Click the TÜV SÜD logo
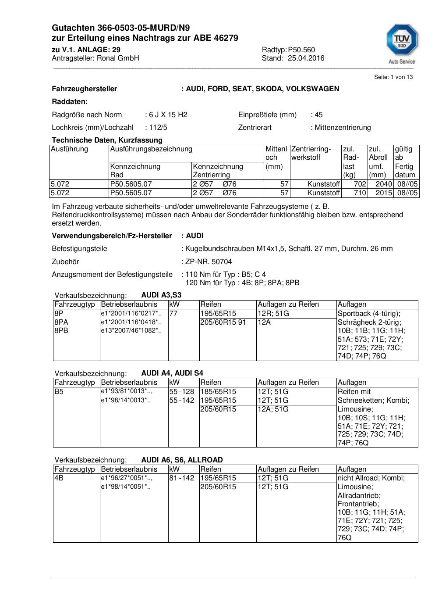coord(402,43)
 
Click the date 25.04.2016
coord(306,58)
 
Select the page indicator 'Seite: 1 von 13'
coord(393,77)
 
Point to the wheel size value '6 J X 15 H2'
coord(168,115)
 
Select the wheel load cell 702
coord(360,184)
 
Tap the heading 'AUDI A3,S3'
coord(161,295)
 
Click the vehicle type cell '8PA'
coord(61,322)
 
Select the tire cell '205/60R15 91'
coord(223,322)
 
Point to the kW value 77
coord(173,314)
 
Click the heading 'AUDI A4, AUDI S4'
coord(172,373)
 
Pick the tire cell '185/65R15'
coord(218,392)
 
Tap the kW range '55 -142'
coord(181,401)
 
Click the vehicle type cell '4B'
coord(59,478)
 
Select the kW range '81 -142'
coord(181,478)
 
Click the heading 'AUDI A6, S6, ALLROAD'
coord(182,460)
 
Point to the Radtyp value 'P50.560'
coord(301,50)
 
